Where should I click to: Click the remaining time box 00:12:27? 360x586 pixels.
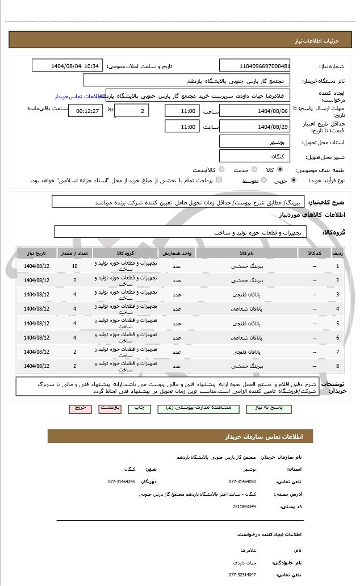click(85, 111)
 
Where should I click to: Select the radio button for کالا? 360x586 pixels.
click(280, 169)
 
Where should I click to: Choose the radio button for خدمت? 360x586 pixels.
click(253, 169)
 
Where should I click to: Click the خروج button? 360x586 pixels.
click(79, 408)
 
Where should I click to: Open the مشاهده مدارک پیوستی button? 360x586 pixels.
click(197, 408)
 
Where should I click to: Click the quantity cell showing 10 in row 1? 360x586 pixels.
click(75, 266)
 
